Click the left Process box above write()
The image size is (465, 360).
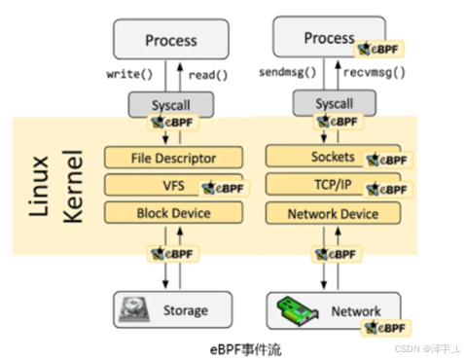tap(170, 40)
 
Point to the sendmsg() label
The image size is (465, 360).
tap(288, 73)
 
